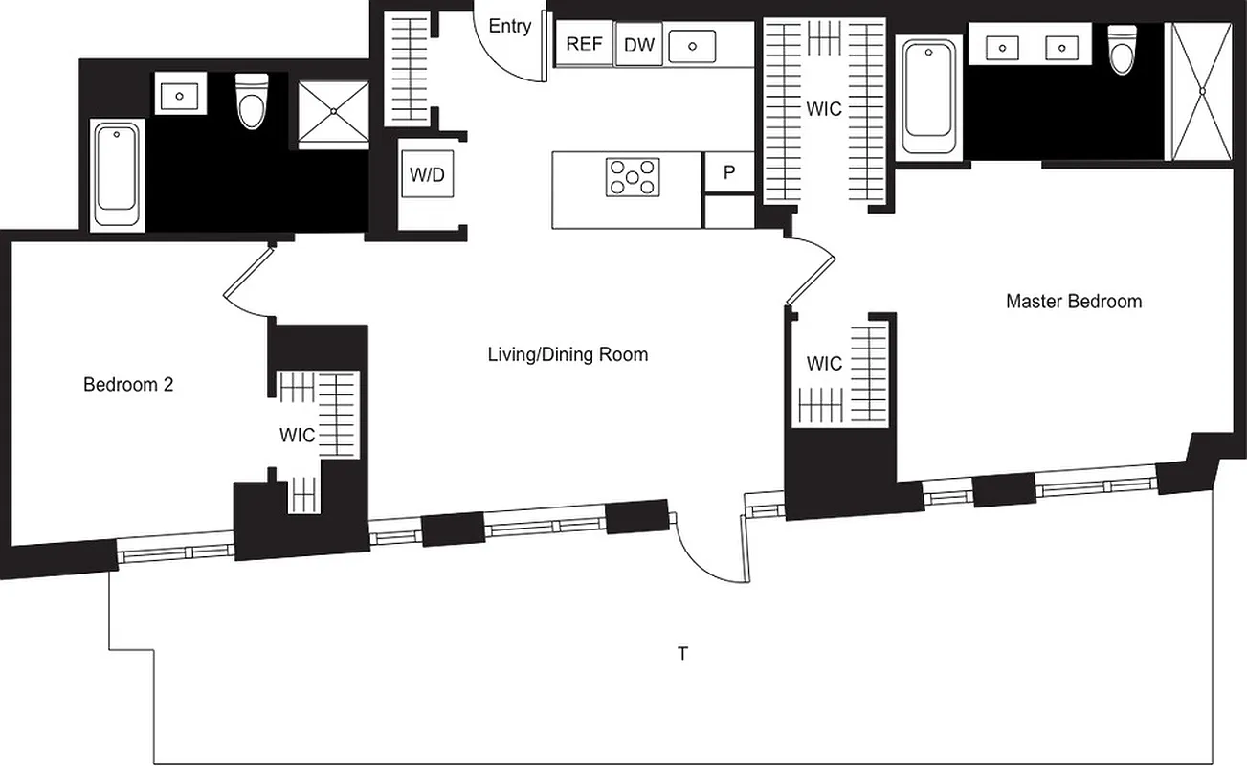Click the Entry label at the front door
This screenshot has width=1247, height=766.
(x=509, y=27)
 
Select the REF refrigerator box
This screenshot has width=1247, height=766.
(x=583, y=45)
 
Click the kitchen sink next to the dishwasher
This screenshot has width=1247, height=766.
(x=692, y=45)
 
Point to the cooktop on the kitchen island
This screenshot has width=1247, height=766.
(x=633, y=177)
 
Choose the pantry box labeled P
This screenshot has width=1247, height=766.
(x=729, y=173)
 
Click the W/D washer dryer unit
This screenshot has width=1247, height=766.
(x=427, y=175)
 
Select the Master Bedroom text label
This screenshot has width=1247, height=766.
(x=1073, y=302)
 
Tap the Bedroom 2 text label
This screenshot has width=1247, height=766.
(x=127, y=385)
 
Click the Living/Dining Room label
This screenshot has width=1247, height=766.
(x=568, y=355)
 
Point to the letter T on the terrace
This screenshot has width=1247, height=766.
(x=682, y=654)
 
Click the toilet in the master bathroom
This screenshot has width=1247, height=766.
(x=1120, y=50)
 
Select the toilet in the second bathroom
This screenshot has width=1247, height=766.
(x=252, y=101)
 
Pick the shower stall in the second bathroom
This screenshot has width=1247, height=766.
(x=333, y=113)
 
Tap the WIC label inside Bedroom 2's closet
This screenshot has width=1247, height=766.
(x=297, y=436)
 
